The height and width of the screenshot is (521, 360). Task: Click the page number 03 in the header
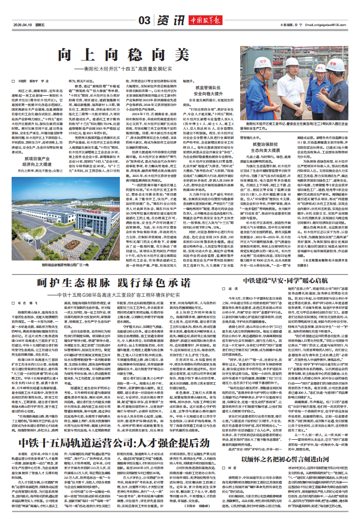click(144, 20)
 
